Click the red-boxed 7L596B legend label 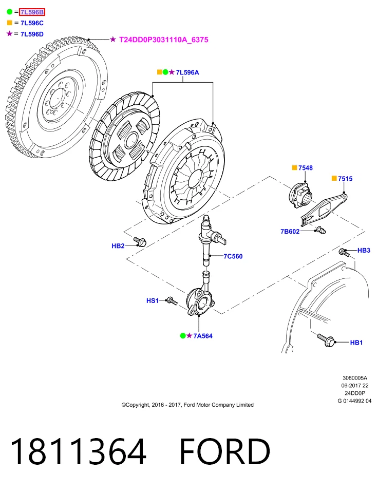(x=32, y=12)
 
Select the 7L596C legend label (x=32, y=23)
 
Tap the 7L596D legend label (x=32, y=34)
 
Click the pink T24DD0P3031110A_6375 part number (x=164, y=40)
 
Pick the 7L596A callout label (x=187, y=72)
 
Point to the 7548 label (x=306, y=168)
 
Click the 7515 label (x=345, y=179)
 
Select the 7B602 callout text (x=290, y=232)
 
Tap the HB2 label (x=118, y=246)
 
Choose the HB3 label (x=364, y=250)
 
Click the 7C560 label (x=233, y=256)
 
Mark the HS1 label (x=153, y=300)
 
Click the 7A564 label (x=203, y=336)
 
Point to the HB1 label (x=356, y=343)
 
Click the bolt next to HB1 (x=326, y=340)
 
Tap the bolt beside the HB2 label (x=140, y=241)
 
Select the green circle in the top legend (x=9, y=12)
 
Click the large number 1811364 (x=78, y=451)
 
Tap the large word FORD (x=225, y=451)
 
